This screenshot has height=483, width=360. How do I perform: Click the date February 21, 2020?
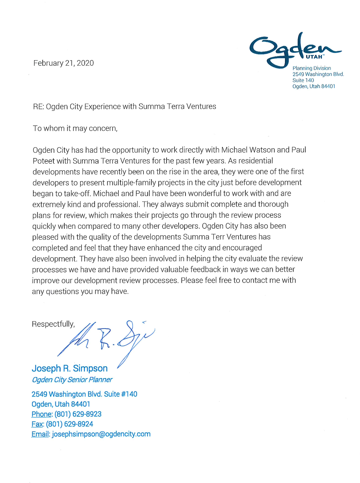click(x=64, y=63)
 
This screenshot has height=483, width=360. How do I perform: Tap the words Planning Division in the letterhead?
click(x=311, y=68)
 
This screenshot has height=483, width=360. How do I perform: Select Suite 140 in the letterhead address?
click(x=303, y=80)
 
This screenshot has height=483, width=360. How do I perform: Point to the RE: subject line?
click(x=125, y=107)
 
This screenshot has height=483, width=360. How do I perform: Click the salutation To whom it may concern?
click(x=75, y=129)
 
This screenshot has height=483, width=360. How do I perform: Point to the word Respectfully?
click(x=53, y=324)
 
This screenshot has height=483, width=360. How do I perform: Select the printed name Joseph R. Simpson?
click(x=70, y=368)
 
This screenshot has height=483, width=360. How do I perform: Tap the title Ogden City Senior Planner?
click(x=72, y=380)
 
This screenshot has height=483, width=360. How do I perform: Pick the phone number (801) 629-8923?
click(x=78, y=414)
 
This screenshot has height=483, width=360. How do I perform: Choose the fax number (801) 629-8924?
click(x=70, y=424)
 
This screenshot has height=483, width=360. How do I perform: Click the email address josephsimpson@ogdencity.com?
click(x=101, y=434)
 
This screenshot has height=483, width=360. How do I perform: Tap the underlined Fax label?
click(x=38, y=424)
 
